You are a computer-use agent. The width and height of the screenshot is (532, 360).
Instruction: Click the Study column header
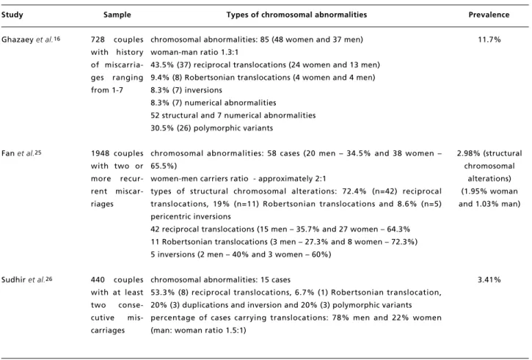[12, 15]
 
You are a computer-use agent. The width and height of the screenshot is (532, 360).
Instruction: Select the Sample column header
[117, 15]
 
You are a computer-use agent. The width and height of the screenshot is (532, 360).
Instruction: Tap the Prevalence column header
[489, 15]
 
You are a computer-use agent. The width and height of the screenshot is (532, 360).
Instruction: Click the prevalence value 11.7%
[489, 40]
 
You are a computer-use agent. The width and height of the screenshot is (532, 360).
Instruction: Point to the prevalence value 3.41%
[489, 280]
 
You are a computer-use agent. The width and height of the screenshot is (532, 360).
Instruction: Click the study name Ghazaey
[18, 40]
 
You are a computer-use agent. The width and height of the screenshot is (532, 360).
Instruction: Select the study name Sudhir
[13, 280]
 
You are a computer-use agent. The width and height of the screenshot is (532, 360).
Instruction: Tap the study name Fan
[8, 153]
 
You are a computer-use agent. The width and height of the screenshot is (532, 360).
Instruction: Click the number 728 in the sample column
[98, 40]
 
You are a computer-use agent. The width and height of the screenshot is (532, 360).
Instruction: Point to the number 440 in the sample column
[98, 280]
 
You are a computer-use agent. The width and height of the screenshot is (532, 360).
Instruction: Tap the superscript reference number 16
[57, 39]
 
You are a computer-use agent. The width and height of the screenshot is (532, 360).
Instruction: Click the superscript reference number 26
[49, 279]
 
